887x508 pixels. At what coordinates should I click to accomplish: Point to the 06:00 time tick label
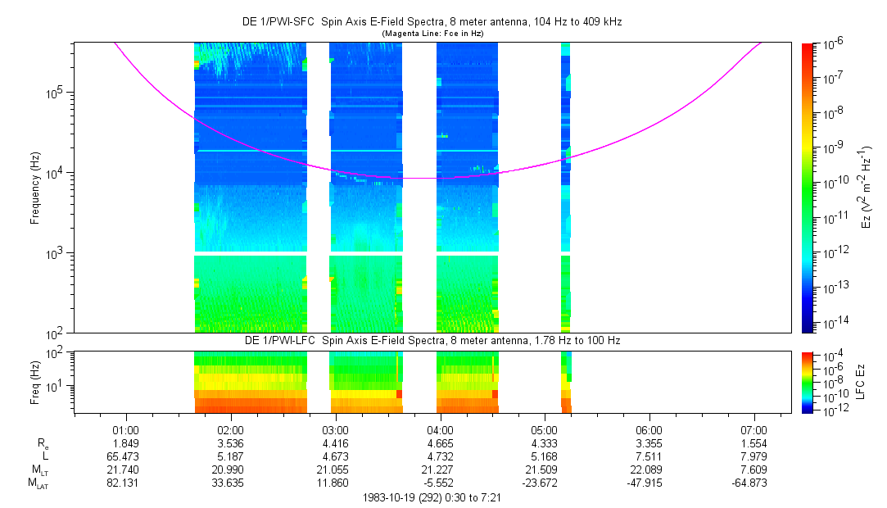tap(649, 429)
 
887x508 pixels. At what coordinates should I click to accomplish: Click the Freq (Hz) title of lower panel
tap(35, 381)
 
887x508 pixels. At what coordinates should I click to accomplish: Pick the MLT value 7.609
tap(753, 468)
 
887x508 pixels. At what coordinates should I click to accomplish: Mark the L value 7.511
tap(649, 455)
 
